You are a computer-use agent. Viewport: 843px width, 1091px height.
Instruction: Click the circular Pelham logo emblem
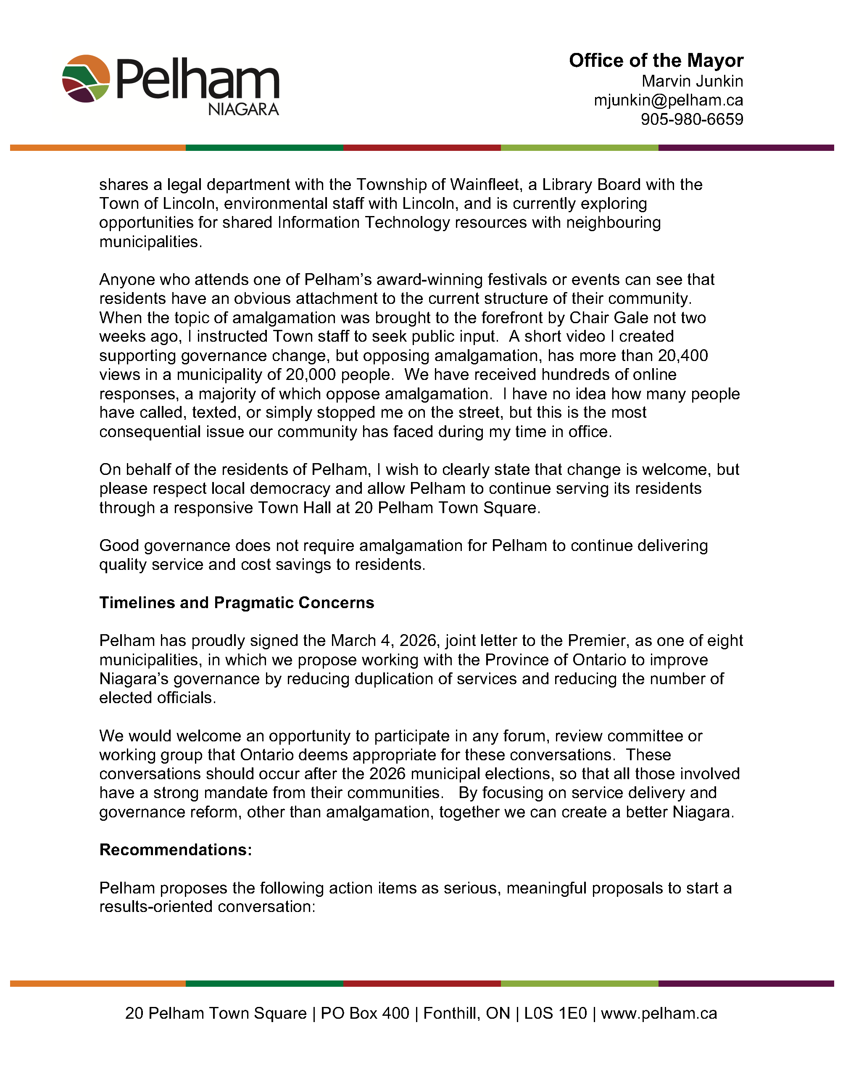point(86,79)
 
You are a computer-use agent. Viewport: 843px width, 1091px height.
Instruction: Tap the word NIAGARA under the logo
point(243,109)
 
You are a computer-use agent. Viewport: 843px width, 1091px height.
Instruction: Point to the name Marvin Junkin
point(692,81)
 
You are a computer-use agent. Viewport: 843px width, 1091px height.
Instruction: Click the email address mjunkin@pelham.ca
point(668,100)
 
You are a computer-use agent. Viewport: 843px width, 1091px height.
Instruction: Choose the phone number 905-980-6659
point(692,119)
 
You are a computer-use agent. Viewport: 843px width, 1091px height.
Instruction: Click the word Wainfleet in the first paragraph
point(485,185)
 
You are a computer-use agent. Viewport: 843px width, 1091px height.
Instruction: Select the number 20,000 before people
point(311,374)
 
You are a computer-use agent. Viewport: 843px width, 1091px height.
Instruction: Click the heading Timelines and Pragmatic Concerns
point(237,603)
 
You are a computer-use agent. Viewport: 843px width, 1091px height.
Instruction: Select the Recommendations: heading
point(176,850)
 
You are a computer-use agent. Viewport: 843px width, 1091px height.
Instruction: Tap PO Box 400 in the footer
point(365,1013)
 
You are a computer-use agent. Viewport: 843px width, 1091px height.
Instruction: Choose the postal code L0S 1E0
point(555,1013)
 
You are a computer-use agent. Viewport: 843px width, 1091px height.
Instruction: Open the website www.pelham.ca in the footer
point(659,1013)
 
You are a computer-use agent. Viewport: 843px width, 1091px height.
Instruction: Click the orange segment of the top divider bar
point(98,148)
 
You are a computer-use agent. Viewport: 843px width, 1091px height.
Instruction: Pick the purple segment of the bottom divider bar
point(746,983)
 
